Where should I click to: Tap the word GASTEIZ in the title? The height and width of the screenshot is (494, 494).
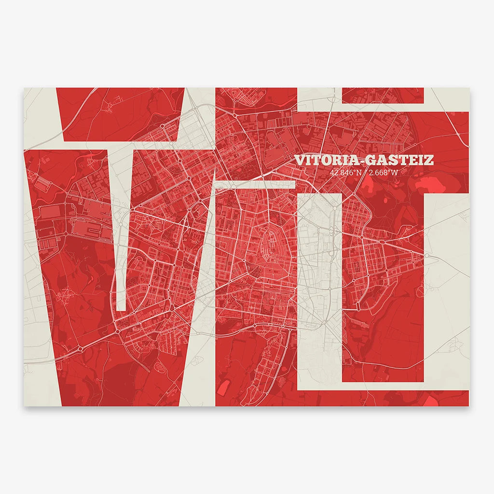(402, 160)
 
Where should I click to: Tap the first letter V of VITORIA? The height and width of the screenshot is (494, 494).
(300, 160)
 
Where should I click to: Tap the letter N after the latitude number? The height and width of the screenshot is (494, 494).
(358, 172)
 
